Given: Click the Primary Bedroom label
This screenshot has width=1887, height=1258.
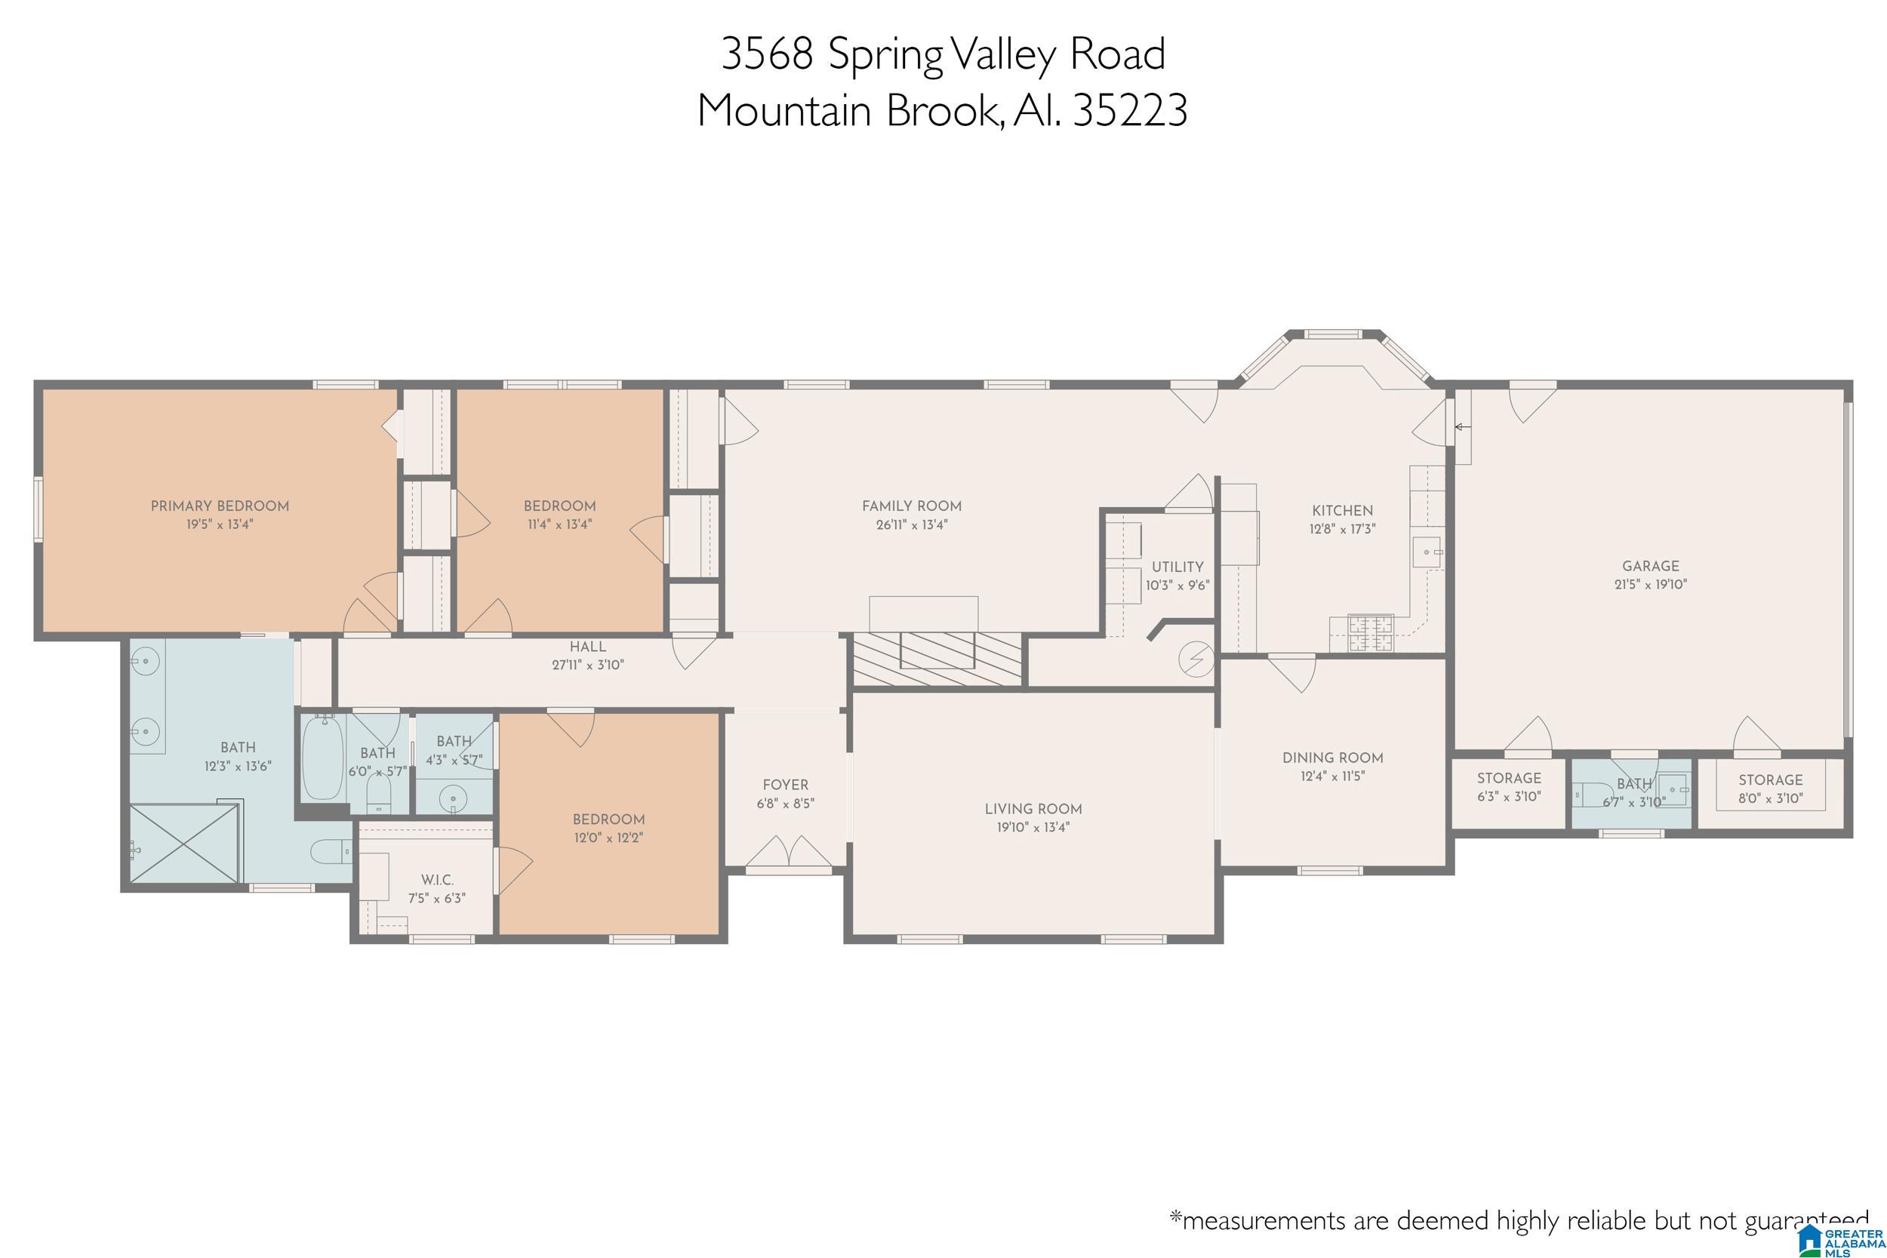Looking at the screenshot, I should point(220,506).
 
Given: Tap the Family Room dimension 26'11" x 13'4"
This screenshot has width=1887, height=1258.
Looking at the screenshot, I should point(911,525).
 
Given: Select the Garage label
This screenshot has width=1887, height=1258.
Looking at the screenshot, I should point(1650,567).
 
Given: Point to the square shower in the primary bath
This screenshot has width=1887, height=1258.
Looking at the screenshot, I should point(184,844).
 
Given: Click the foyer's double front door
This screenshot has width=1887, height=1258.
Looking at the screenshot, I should point(789,853).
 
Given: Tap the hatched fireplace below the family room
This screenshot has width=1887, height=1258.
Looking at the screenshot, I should point(937,660).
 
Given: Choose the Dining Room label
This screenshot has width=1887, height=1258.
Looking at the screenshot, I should point(1333,758).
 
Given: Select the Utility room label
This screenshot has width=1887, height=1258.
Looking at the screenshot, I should point(1177,567).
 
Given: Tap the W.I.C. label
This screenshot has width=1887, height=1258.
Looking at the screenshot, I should point(437,880).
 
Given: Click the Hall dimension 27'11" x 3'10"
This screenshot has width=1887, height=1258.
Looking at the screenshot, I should point(588,665).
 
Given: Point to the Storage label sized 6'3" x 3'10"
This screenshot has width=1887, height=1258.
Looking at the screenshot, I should point(1509,778).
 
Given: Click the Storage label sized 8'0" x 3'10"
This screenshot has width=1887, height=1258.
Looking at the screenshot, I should point(1771,780).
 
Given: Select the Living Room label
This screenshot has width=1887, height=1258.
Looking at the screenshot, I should point(1033,810).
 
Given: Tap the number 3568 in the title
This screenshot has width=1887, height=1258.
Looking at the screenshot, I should point(767,54).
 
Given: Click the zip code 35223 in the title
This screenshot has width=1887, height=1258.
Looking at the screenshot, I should point(1130,111).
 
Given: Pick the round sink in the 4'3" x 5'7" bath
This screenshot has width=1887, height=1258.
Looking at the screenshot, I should point(455,799).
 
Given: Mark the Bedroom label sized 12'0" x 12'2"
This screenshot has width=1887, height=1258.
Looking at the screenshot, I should point(608,820).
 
